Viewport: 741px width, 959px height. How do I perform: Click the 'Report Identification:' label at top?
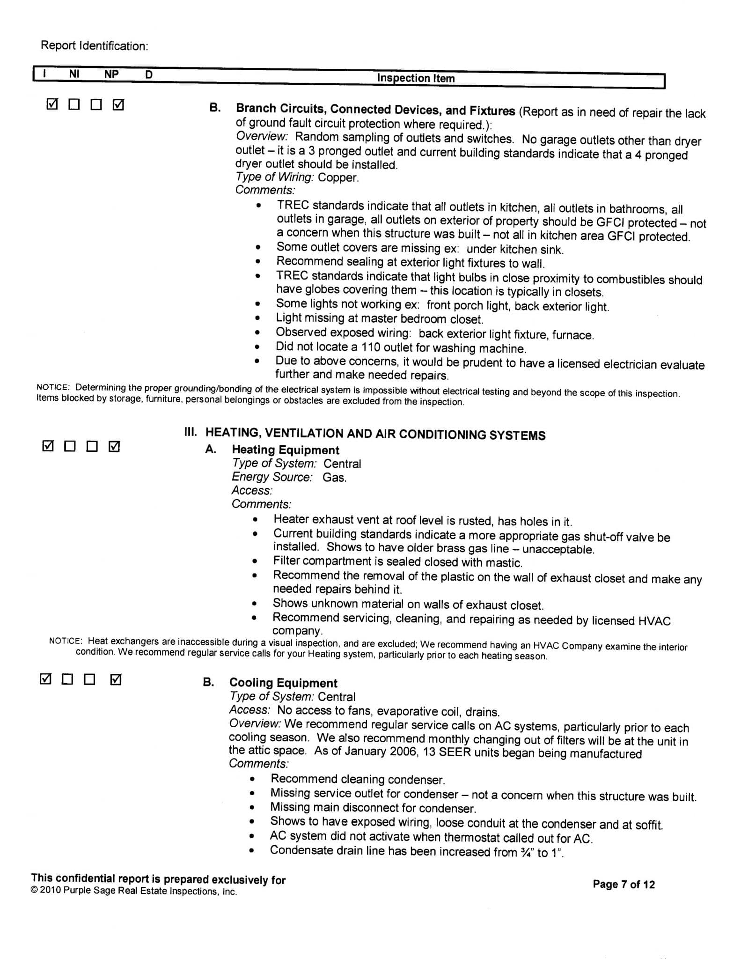point(94,46)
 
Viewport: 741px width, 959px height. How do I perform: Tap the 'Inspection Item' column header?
point(416,78)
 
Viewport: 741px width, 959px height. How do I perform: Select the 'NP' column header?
point(111,74)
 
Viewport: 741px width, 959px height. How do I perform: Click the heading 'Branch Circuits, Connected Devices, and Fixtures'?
point(375,111)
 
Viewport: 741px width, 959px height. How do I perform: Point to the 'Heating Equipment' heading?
point(285,450)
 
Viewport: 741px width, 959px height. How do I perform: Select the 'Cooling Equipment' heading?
point(283,683)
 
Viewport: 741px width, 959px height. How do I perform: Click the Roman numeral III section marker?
point(191,432)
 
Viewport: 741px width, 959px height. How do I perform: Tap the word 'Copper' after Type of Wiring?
point(337,177)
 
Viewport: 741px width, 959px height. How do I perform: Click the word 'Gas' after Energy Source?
point(334,478)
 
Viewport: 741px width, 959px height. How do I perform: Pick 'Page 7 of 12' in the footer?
point(624,884)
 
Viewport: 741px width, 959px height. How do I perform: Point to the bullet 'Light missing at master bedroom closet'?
point(379,319)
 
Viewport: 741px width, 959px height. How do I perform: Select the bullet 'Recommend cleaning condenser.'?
point(357,779)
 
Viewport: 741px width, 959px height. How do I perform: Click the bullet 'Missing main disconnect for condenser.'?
point(373,808)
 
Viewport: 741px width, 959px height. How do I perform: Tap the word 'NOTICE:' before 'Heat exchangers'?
point(66,641)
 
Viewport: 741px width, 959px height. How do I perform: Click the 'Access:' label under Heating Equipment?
point(252,491)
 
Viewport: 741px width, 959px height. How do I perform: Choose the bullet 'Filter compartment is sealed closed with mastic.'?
point(397,562)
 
